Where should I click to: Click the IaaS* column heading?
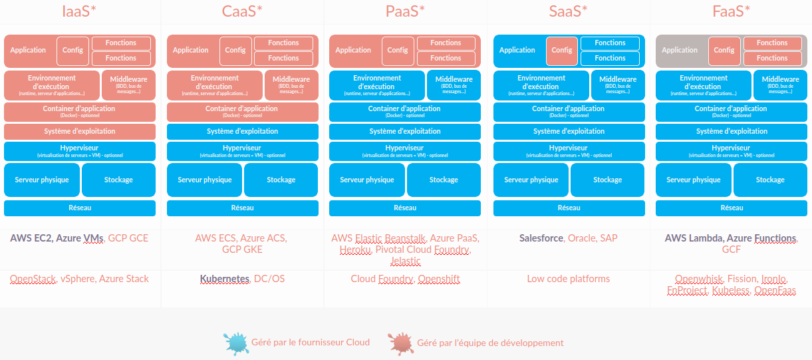[79, 11]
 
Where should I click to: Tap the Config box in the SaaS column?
[562, 51]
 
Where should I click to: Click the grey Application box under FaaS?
[680, 51]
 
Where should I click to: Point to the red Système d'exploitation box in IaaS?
[80, 132]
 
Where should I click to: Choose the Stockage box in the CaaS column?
[281, 180]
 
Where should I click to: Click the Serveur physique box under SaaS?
[531, 180]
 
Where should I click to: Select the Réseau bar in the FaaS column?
[732, 208]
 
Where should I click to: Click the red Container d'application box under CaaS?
[242, 112]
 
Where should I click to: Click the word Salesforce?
[541, 238]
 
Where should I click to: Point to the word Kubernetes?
[224, 279]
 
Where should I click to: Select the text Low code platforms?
[568, 279]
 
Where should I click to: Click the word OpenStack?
[33, 279]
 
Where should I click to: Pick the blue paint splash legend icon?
[235, 343]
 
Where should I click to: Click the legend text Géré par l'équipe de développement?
[490, 343]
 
